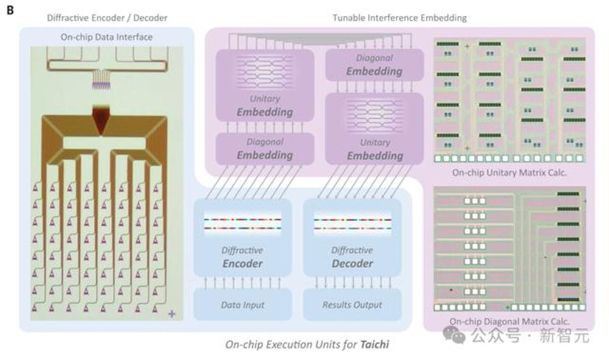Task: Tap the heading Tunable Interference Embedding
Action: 400,18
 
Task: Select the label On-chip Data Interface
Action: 107,37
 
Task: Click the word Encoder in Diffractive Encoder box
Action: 242,264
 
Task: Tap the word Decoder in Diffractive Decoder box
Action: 353,264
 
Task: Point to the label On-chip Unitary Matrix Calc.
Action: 510,172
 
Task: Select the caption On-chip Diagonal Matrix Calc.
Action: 510,321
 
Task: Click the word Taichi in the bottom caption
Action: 373,345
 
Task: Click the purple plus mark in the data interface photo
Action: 172,314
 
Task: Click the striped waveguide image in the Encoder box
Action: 242,224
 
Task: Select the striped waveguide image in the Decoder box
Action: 353,224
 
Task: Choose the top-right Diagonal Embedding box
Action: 375,65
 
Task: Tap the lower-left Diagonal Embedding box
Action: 264,149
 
